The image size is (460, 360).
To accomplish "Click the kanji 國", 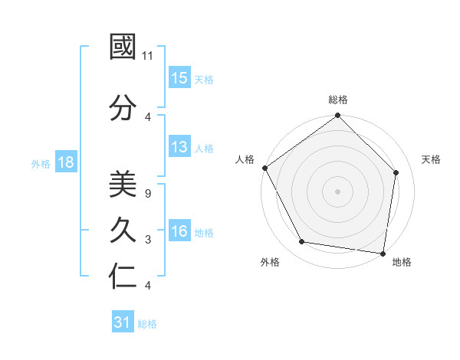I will click(123, 48).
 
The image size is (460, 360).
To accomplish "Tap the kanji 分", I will click(123, 108).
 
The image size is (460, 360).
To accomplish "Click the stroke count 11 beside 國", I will click(149, 56).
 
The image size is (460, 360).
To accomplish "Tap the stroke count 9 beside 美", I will click(147, 193).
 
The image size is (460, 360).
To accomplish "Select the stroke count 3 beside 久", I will click(147, 240).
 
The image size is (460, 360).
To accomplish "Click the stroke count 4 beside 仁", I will click(147, 286).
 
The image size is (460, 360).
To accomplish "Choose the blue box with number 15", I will click(179, 78).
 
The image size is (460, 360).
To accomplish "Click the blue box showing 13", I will click(179, 148).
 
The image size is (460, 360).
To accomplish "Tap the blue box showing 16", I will click(179, 232).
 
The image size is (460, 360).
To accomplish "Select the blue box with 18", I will click(65, 162).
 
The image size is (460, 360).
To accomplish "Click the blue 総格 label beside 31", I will click(147, 324).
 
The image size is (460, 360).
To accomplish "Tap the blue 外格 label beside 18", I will click(41, 163).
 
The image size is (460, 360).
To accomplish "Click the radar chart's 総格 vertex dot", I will click(337, 116).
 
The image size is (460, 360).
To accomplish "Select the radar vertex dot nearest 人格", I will click(264, 168).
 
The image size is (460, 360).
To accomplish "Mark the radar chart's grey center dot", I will click(337, 191).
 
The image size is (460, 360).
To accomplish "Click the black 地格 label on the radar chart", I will click(402, 263).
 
